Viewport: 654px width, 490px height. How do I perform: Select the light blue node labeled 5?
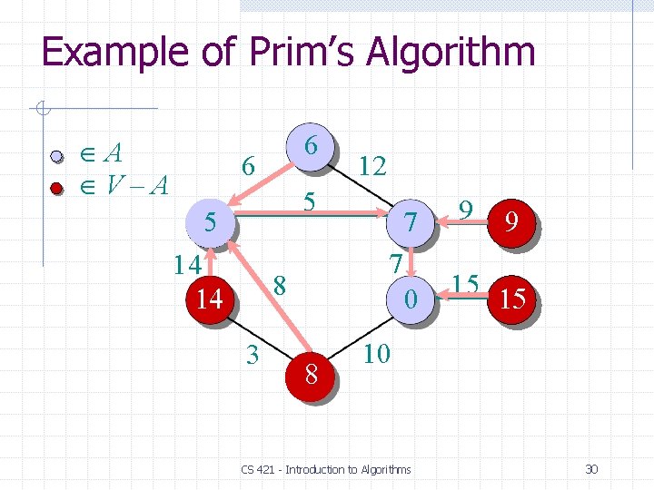tap(210, 221)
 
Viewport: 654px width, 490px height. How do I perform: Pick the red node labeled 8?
tap(311, 373)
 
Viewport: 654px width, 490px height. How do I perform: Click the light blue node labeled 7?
tap(411, 221)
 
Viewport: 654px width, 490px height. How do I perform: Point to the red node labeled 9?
tap(512, 221)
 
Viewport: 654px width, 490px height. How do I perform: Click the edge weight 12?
tap(372, 166)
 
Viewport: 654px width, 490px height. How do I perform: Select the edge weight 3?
tap(253, 352)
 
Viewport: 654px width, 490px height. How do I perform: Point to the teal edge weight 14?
tap(188, 264)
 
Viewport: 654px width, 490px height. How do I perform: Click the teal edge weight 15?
tap(466, 282)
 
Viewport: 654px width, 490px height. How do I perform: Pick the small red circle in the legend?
tap(56, 189)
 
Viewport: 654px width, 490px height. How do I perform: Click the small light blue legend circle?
tap(56, 156)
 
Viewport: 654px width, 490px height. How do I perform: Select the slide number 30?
tap(591, 469)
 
